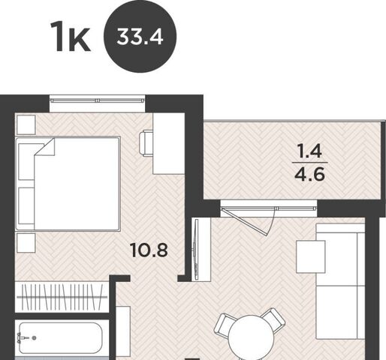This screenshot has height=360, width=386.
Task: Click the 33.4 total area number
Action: click(x=140, y=37)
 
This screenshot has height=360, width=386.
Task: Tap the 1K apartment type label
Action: click(x=70, y=37)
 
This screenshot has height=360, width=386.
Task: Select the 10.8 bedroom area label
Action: click(x=149, y=250)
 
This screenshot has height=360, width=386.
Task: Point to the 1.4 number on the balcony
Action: click(x=310, y=151)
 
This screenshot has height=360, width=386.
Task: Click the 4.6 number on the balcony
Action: click(x=310, y=174)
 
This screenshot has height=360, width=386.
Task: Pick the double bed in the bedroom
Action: click(x=68, y=184)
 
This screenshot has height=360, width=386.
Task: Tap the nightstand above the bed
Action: click(x=26, y=124)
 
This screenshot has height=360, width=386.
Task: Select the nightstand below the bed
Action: click(x=26, y=243)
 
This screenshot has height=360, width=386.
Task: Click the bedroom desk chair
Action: click(x=146, y=144)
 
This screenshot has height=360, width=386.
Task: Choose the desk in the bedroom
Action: click(x=169, y=143)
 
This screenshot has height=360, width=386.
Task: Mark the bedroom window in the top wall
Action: click(x=98, y=100)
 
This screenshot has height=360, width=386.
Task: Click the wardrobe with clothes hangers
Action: click(x=62, y=297)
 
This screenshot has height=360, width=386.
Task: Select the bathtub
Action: click(x=61, y=337)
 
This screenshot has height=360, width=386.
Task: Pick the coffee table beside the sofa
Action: click(x=311, y=256)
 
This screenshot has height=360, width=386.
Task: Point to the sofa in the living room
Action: click(x=340, y=281)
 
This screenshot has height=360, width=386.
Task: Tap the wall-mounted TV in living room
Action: click(x=197, y=249)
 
